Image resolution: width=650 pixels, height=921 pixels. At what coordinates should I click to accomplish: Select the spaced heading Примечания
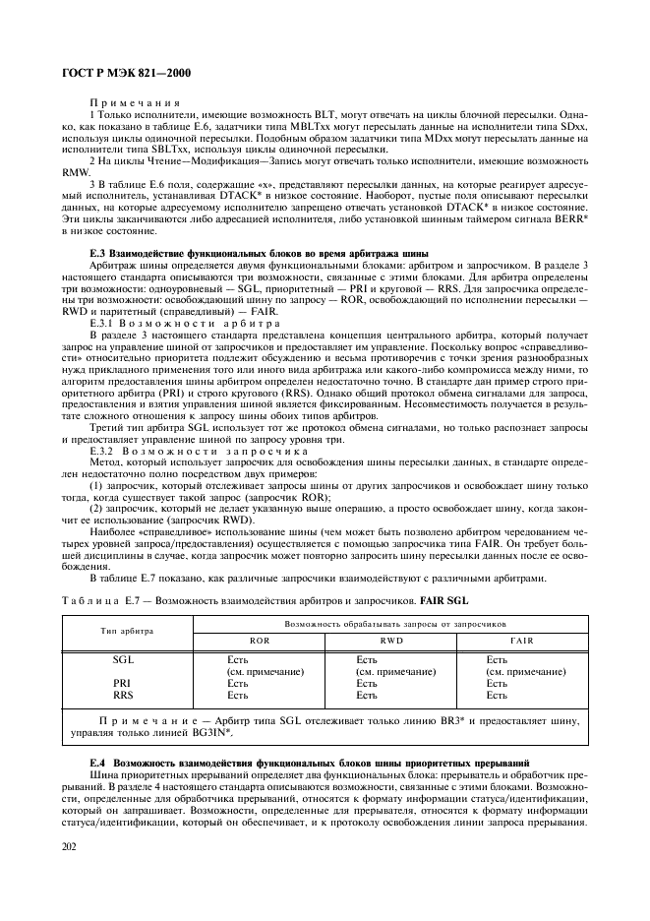pyautogui.click(x=130, y=102)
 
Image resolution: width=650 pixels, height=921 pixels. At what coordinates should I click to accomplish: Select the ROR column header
pyautogui.click(x=260, y=640)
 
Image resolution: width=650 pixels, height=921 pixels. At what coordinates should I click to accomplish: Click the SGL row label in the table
pyautogui.click(x=123, y=659)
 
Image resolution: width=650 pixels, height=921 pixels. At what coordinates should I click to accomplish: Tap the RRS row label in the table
pyautogui.click(x=123, y=695)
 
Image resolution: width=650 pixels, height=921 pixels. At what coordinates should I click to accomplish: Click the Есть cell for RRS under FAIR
pyautogui.click(x=498, y=695)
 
